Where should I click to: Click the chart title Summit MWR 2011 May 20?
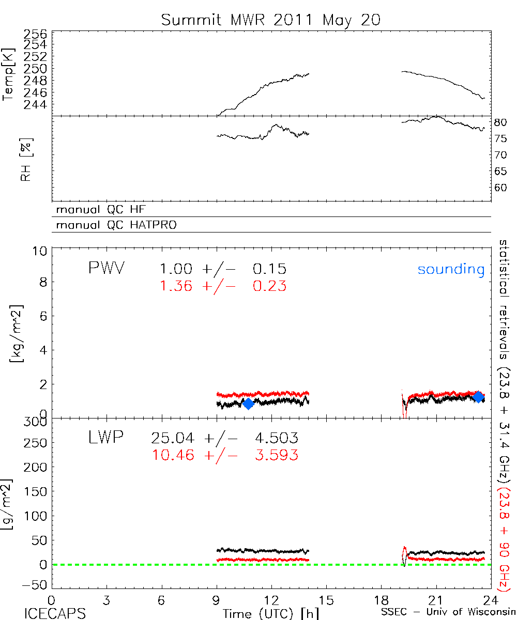271,20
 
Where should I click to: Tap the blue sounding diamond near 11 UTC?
248,404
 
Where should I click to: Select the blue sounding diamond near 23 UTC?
478,397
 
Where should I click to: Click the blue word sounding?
451,269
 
